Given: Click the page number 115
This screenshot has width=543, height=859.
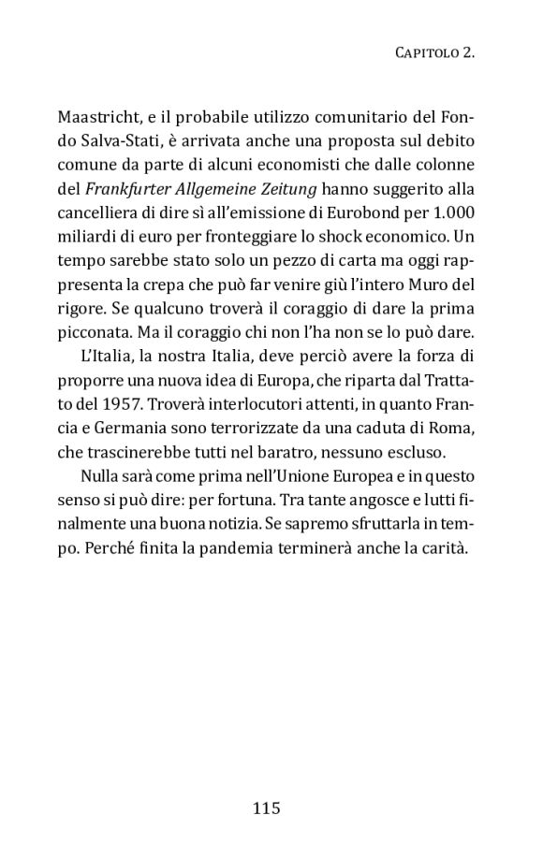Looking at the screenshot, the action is (267, 808).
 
